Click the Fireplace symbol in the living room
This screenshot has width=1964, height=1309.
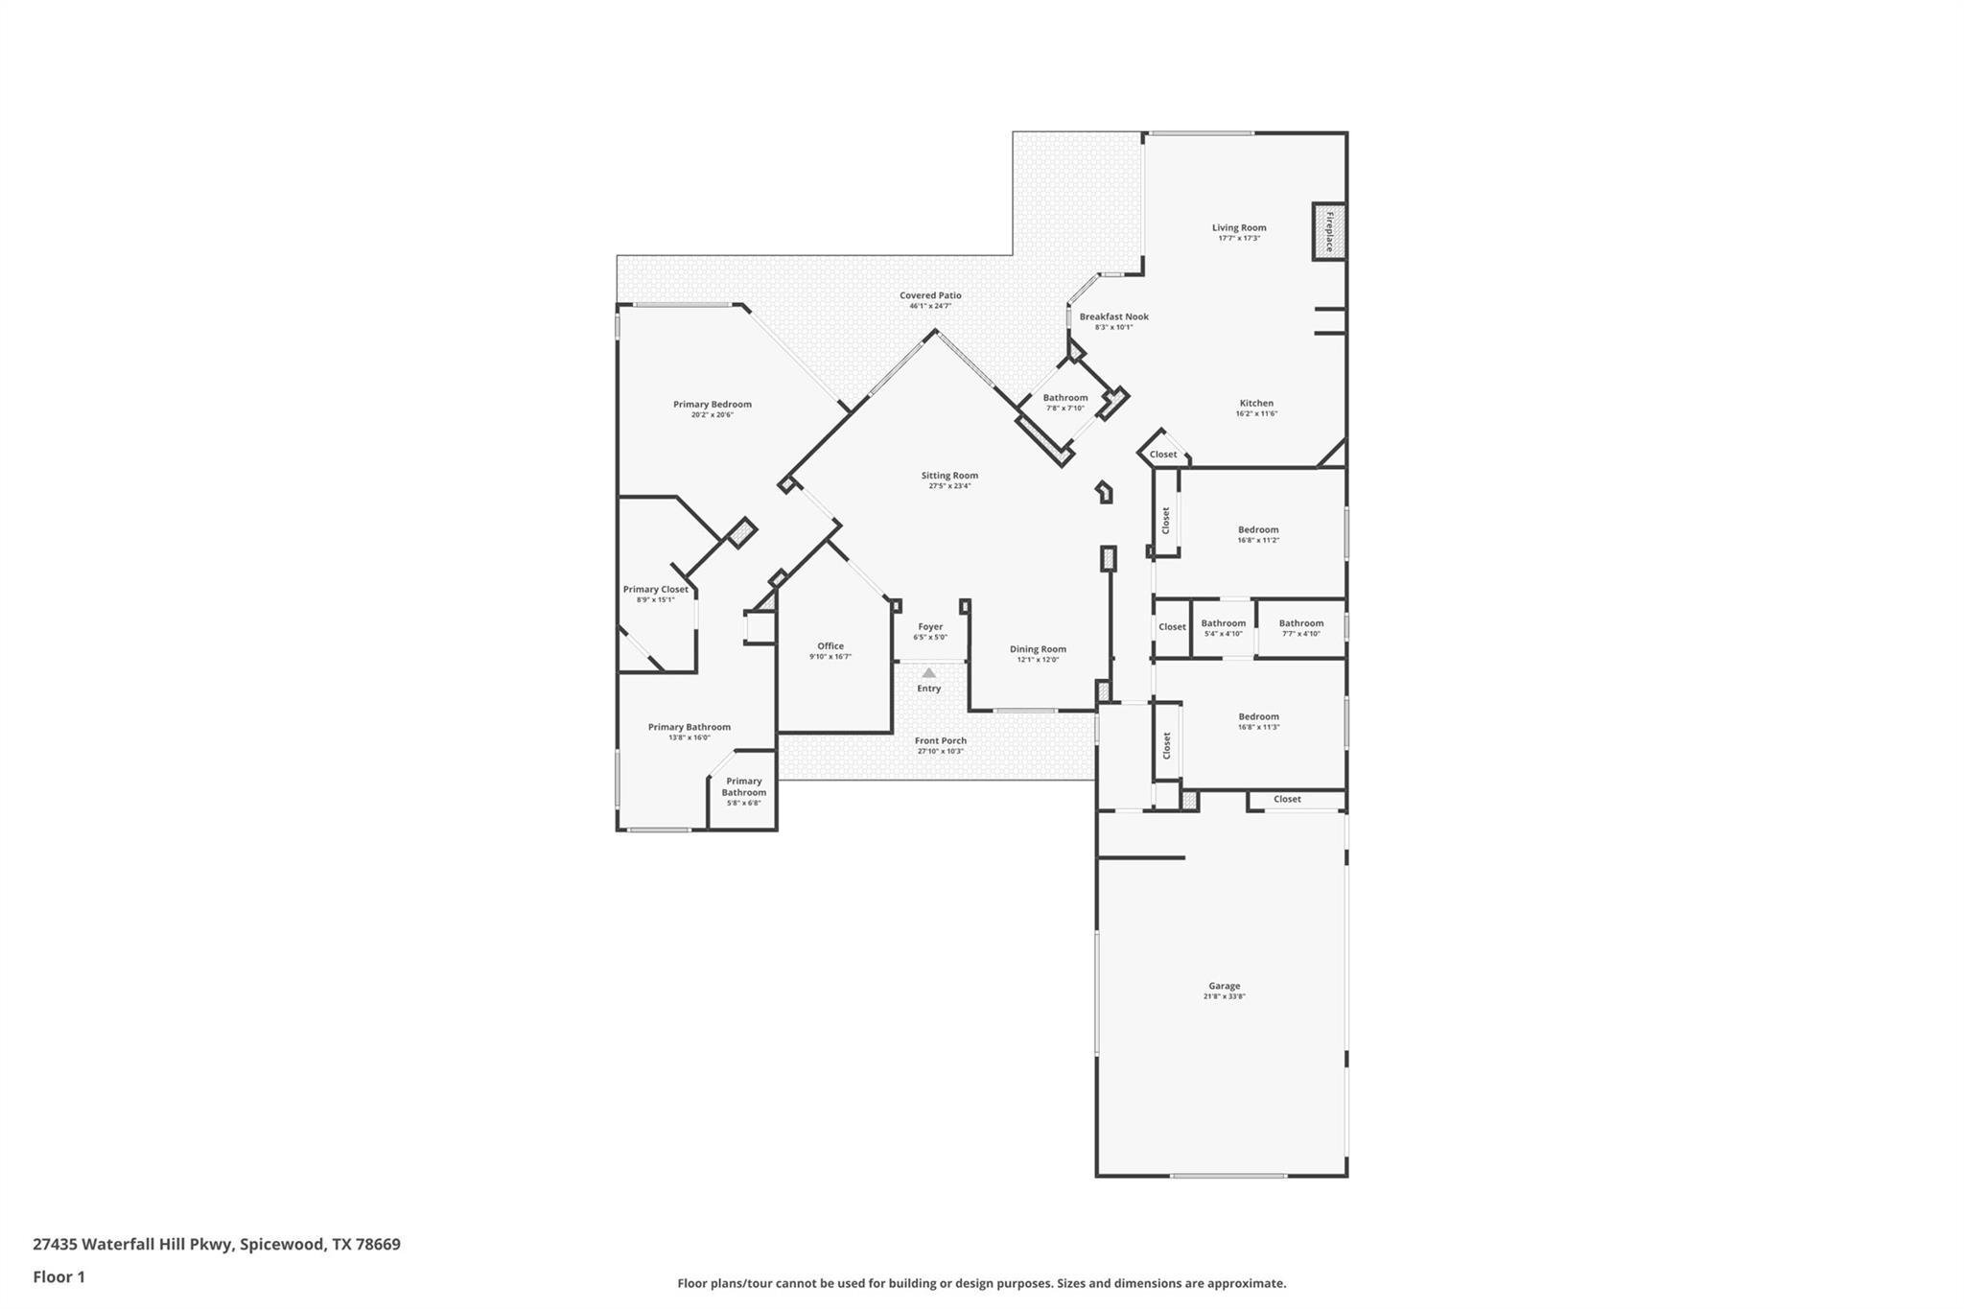coord(1329,231)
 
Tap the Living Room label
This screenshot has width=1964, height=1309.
coord(1239,228)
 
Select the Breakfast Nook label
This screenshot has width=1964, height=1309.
coord(1113,316)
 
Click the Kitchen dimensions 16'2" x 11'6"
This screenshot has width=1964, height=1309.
coord(1256,414)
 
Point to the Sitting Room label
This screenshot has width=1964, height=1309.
coord(949,476)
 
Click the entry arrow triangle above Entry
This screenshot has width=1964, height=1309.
coord(928,673)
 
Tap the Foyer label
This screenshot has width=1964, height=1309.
coord(930,627)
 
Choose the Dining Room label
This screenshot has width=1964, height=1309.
coord(1038,649)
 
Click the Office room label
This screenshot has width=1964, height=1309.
coord(830,646)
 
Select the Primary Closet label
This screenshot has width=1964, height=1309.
coord(655,590)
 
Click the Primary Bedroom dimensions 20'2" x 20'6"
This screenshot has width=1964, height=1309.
coord(712,415)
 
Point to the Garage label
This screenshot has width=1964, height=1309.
coord(1224,986)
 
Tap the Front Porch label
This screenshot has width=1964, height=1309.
coord(940,740)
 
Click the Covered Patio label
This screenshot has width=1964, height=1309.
coord(930,295)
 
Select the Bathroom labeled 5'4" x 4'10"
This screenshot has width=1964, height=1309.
coord(1223,628)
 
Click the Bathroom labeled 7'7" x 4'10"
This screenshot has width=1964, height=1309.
coord(1300,628)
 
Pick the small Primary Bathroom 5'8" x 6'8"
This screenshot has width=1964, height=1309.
coord(743,791)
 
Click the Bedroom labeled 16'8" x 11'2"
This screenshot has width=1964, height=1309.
coord(1258,534)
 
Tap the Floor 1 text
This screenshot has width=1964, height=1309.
coord(58,1277)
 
